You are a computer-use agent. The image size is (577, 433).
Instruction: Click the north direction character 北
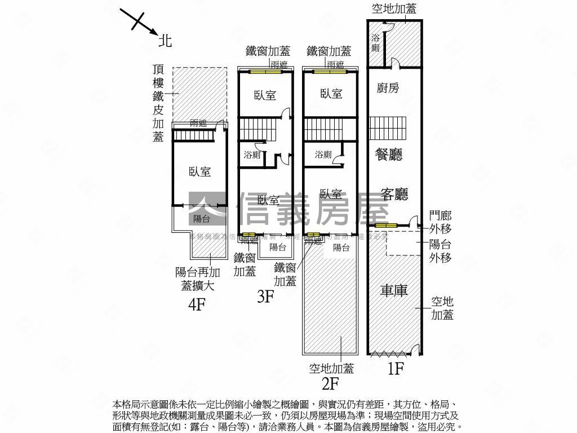click(165, 41)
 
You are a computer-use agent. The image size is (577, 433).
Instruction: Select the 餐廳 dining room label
click(389, 154)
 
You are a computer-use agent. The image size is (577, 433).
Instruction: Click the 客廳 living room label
click(394, 194)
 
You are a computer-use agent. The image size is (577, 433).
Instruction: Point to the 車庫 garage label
click(393, 290)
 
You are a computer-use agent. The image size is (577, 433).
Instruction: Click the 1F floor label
click(396, 369)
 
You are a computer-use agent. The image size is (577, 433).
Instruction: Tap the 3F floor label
click(265, 296)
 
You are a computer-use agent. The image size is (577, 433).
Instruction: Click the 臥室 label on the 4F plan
click(200, 172)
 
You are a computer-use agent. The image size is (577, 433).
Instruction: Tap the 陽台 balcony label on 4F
click(201, 219)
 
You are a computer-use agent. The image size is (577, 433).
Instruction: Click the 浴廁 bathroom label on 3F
click(252, 154)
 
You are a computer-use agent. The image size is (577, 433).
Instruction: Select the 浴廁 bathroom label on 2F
click(323, 154)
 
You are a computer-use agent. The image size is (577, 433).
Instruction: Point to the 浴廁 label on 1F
click(376, 43)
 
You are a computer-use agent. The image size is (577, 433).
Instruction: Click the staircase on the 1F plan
click(388, 128)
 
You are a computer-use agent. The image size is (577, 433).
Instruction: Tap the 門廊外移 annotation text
click(440, 222)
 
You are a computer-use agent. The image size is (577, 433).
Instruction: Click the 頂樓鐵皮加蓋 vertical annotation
click(158, 103)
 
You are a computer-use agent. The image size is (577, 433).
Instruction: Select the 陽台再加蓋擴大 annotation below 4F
click(195, 279)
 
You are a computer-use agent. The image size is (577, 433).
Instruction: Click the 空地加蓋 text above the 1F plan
click(394, 8)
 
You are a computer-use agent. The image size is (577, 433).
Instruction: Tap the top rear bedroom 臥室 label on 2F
click(331, 94)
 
